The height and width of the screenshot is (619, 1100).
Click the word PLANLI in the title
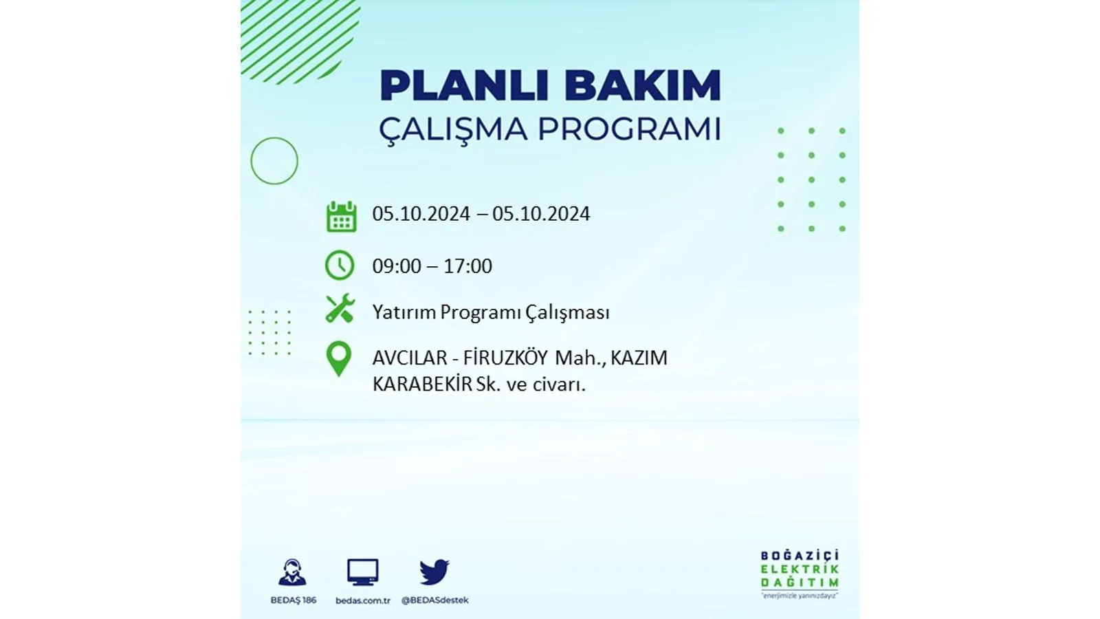click(465, 86)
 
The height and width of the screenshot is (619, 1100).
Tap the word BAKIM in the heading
click(643, 86)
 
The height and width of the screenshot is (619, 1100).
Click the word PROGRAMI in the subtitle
click(630, 129)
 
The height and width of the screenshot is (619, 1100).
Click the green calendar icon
click(341, 217)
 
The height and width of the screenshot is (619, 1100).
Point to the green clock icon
click(340, 265)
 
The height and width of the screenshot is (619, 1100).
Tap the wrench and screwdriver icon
click(340, 309)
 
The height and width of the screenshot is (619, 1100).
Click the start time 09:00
click(397, 266)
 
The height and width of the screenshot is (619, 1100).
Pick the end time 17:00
click(467, 266)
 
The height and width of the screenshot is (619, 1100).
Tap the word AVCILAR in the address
click(410, 358)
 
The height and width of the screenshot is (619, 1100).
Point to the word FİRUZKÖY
click(505, 358)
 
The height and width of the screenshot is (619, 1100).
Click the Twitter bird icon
click(434, 572)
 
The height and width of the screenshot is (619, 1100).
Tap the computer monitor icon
click(362, 572)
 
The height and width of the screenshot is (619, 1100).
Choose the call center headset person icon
click(293, 572)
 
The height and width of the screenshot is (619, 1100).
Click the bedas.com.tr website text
click(362, 600)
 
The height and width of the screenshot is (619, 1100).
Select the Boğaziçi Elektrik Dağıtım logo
click(800, 574)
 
